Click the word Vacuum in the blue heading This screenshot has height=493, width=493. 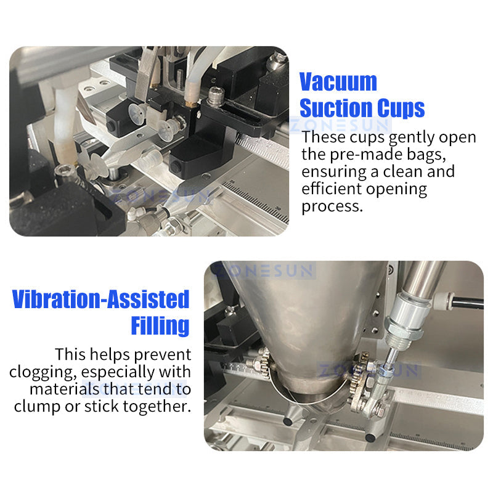338,82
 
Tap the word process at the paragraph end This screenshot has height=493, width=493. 332,206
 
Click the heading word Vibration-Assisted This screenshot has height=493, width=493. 100,300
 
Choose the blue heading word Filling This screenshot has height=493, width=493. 160,325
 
